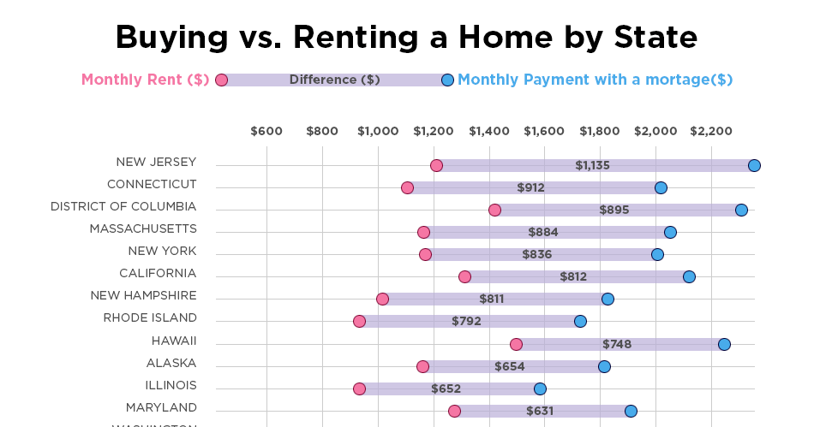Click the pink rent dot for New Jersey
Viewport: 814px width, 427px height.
436,165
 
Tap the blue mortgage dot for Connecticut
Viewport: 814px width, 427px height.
661,187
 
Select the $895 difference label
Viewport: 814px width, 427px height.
614,210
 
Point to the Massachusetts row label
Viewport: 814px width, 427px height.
143,228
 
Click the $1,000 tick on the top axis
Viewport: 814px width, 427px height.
378,131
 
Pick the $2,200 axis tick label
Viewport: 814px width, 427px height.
711,131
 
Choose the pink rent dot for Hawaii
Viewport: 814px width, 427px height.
516,344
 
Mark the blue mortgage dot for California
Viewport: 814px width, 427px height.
689,276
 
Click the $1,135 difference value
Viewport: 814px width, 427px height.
592,165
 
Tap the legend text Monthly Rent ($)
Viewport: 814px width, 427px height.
146,80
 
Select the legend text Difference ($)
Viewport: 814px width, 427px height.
334,80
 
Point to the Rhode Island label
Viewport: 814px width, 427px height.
150,317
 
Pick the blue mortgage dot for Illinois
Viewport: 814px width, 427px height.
540,388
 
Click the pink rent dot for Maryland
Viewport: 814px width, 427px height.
454,411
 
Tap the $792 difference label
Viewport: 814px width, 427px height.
466,321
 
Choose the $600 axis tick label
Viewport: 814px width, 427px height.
266,131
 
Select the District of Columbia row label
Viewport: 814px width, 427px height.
123,206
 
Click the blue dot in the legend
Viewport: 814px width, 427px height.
447,80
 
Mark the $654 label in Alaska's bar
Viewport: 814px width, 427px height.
509,366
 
